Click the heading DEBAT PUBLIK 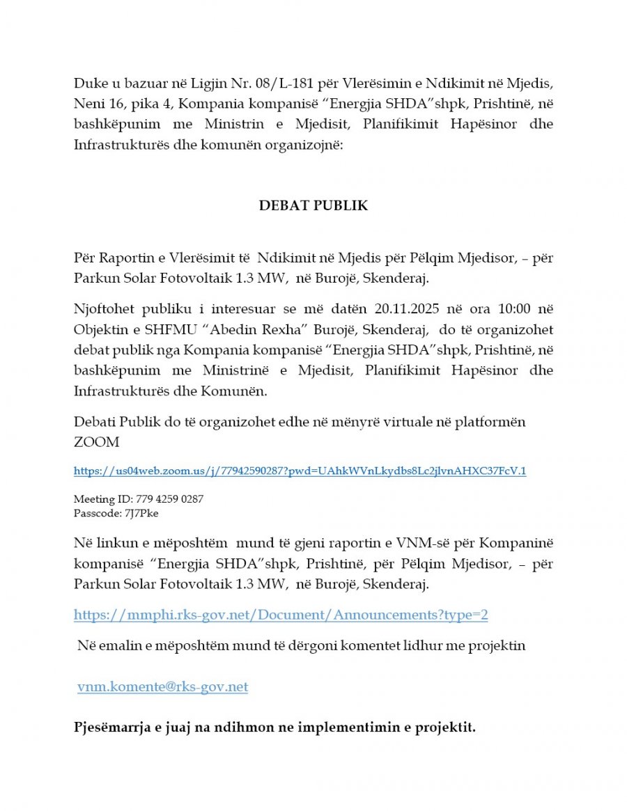313,206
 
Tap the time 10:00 499,308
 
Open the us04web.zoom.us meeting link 300,471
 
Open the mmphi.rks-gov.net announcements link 281,615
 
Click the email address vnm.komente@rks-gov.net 162,687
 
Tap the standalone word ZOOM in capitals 97,442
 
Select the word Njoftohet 104,308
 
